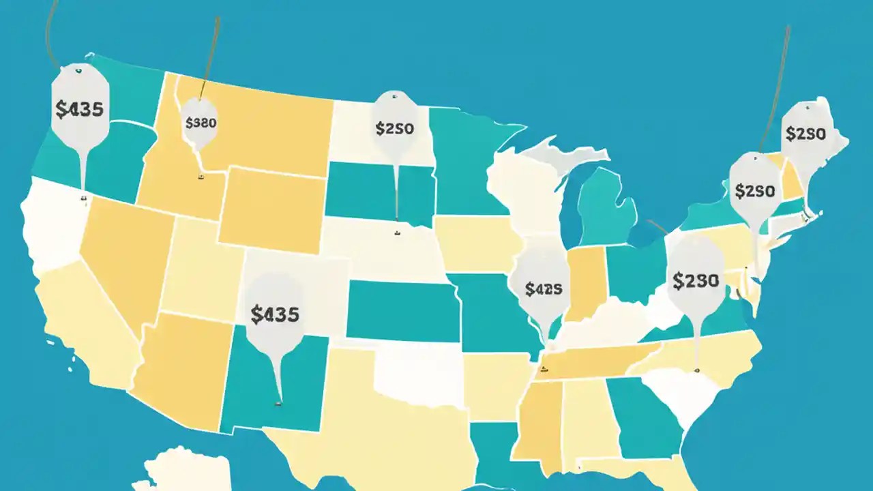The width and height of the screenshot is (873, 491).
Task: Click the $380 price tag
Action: coord(201,123)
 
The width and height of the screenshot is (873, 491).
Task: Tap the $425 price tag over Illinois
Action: coord(544,288)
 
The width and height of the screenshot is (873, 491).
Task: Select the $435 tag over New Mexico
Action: coord(275,314)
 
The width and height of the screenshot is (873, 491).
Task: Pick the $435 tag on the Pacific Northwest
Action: coord(80,109)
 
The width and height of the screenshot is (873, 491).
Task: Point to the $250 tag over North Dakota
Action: coord(394,128)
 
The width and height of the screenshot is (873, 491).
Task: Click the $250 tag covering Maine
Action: coord(805,134)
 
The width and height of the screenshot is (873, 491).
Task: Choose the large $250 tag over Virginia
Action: coord(695,280)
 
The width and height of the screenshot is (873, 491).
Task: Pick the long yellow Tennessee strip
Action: coord(593,361)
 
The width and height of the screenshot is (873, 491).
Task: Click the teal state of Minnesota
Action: coord(467,160)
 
